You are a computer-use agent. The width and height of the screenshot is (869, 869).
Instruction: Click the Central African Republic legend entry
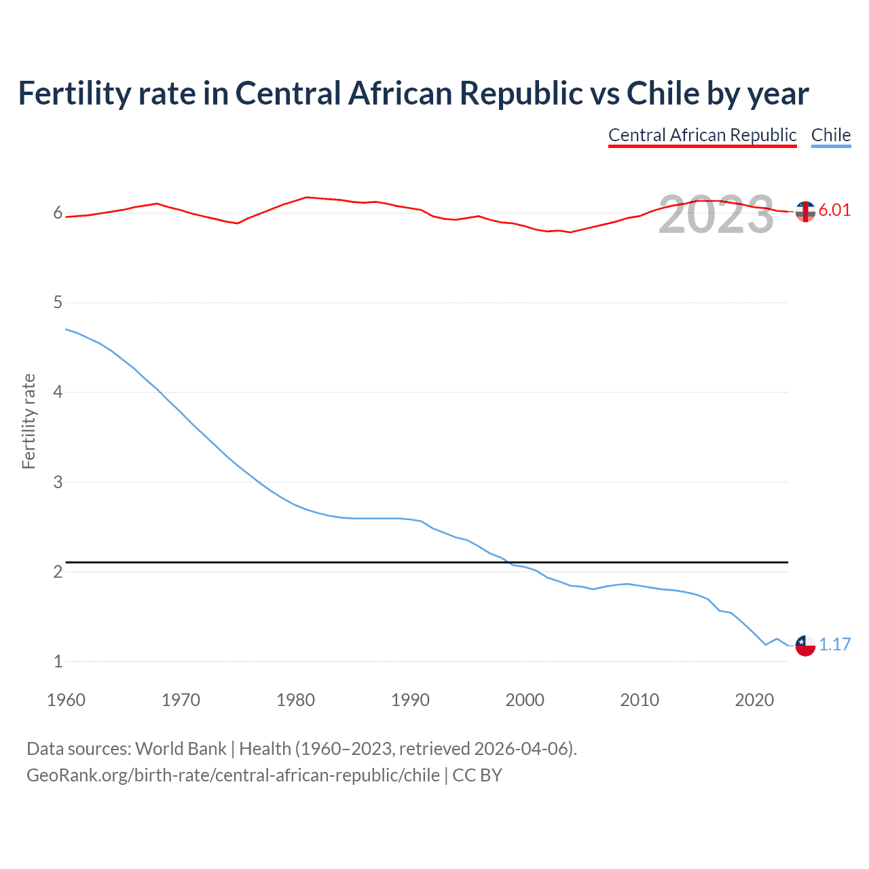click(x=702, y=135)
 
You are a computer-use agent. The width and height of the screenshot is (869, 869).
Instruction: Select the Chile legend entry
click(x=830, y=135)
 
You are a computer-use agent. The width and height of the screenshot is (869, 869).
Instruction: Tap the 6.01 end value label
click(x=834, y=210)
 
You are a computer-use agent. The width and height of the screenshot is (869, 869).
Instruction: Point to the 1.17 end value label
click(x=834, y=644)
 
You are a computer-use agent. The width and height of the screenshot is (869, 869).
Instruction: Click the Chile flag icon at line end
click(x=805, y=646)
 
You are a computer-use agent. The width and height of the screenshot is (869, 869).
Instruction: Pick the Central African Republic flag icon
click(x=805, y=212)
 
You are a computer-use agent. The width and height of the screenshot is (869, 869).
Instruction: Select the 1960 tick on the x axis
click(x=66, y=700)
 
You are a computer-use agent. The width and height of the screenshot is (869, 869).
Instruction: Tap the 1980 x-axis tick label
click(x=295, y=700)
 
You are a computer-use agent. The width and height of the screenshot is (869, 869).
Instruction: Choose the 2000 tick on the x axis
click(x=525, y=700)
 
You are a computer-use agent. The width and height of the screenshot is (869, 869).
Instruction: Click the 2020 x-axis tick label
click(x=754, y=700)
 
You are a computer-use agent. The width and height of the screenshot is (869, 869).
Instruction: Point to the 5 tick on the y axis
click(x=58, y=302)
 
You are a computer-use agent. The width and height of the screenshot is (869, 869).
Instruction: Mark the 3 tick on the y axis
click(x=58, y=482)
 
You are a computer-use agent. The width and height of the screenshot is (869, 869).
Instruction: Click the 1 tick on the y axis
click(x=58, y=661)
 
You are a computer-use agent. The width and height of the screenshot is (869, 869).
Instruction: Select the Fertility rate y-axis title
click(x=29, y=421)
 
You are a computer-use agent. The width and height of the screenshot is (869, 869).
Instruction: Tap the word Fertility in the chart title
click(x=74, y=93)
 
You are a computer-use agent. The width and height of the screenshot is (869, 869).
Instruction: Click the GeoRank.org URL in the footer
click(x=233, y=775)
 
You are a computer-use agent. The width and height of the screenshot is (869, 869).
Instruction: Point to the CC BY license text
click(x=477, y=775)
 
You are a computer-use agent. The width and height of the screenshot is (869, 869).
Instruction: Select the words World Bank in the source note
click(x=181, y=749)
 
